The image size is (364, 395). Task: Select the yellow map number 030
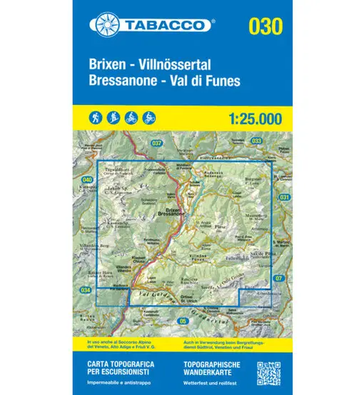pos(266,26)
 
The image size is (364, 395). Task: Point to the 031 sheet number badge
pos(285,196)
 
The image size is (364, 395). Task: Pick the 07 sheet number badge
pos(278,278)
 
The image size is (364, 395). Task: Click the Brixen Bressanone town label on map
pos(174,211)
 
